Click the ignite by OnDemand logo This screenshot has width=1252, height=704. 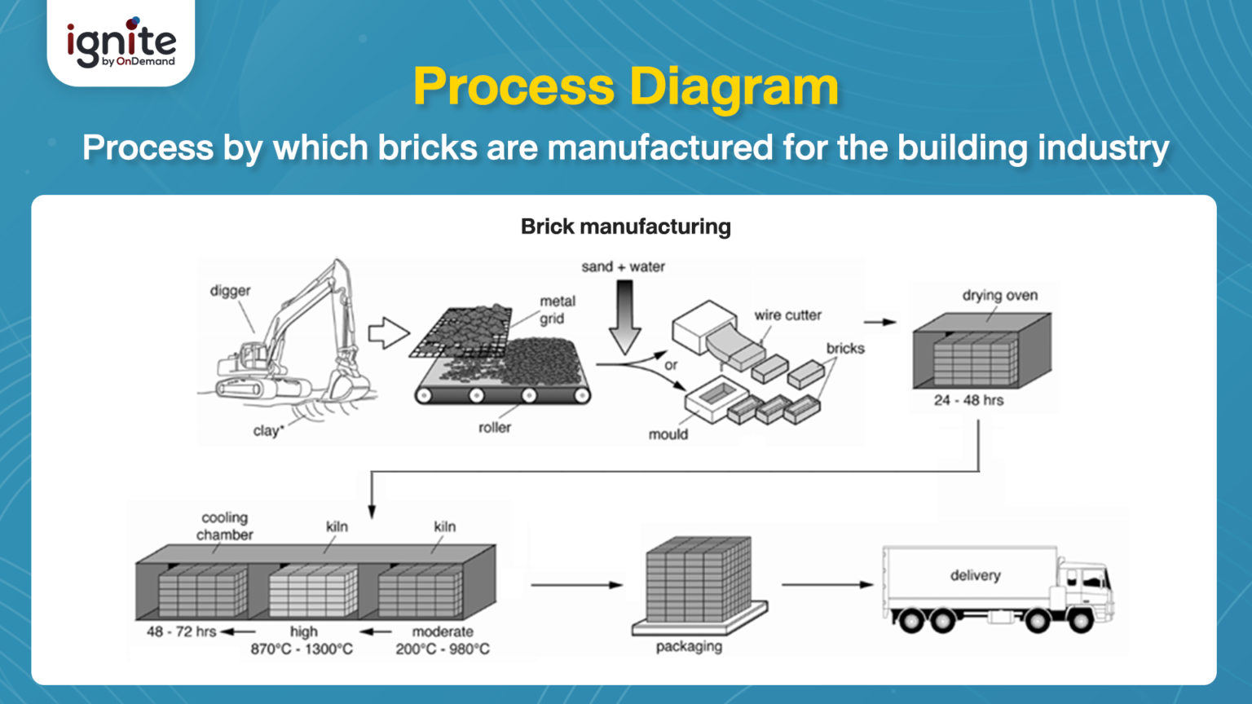point(121,43)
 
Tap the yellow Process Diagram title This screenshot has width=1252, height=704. point(625,86)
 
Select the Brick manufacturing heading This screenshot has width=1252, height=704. point(625,227)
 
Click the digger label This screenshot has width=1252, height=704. point(230,291)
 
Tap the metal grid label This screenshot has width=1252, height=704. point(557,310)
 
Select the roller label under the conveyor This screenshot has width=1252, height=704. point(494,427)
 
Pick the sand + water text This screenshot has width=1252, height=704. point(623,266)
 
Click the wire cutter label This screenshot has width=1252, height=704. point(787,315)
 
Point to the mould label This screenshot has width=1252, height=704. point(668,434)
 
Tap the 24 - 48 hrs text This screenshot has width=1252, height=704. point(968,400)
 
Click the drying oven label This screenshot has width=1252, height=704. point(999,295)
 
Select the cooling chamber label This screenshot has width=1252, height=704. point(224,526)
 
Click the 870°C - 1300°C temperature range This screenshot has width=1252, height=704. point(302,649)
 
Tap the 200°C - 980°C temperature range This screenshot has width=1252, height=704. point(443,649)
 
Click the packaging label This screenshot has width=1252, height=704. point(689,646)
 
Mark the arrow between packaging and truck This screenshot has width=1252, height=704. point(827,584)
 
